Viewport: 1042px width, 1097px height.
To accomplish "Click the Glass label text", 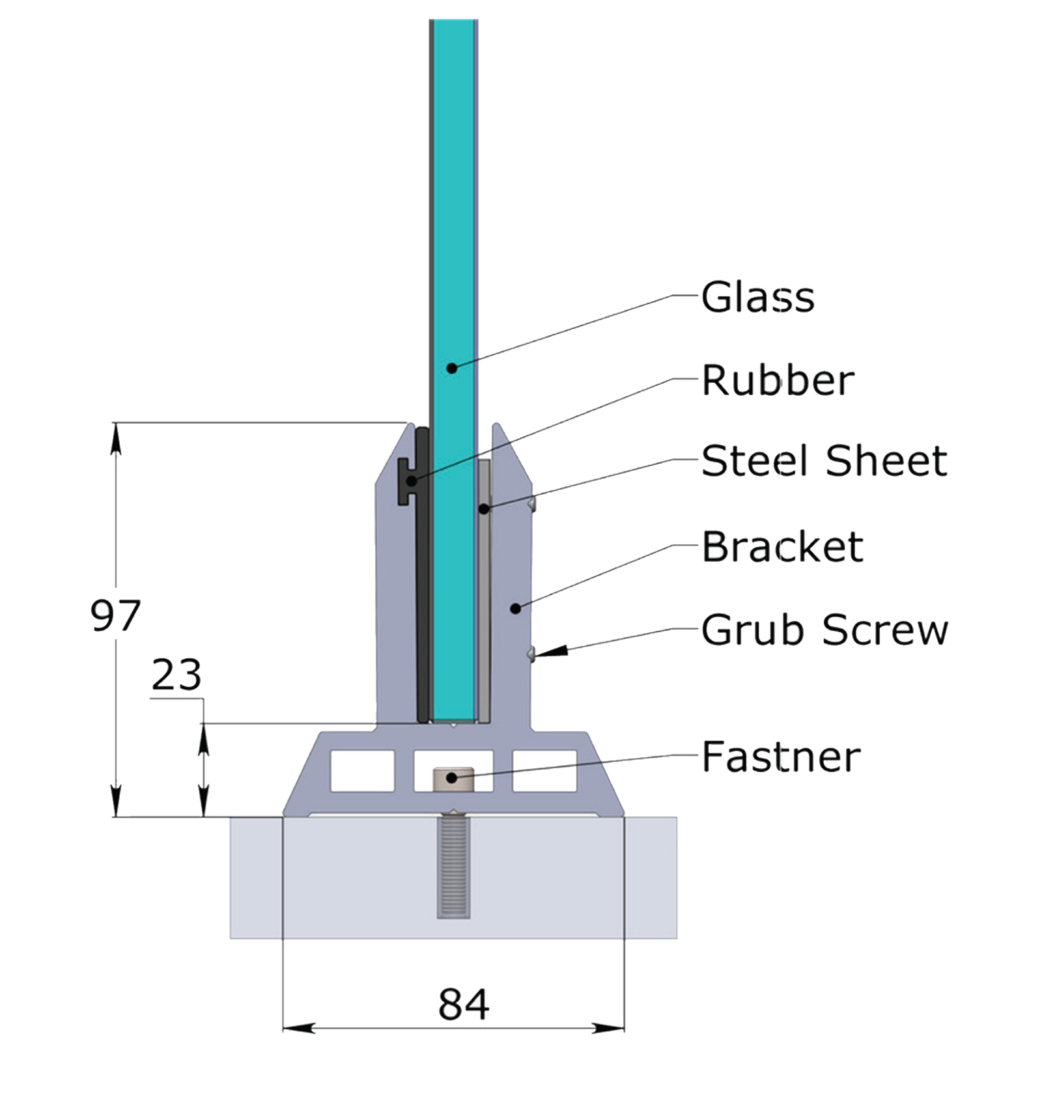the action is pos(757,298).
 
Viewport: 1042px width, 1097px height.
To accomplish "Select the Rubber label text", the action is pos(778,380).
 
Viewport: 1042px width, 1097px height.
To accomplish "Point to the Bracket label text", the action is pos(782,546).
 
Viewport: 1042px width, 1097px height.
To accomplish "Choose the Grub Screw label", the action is pos(824,630).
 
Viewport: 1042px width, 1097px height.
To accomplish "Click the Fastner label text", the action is pos(781,757).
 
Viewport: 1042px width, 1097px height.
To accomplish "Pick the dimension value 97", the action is pos(115,615).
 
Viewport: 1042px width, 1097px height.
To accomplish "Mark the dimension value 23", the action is pos(176,674).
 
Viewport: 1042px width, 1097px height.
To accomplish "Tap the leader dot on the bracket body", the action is pos(515,609).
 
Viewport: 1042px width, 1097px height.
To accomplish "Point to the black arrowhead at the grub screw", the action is pos(551,650).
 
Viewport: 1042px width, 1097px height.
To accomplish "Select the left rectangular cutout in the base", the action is pos(363,771).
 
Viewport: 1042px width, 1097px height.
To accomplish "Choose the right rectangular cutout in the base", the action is pos(544,771).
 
